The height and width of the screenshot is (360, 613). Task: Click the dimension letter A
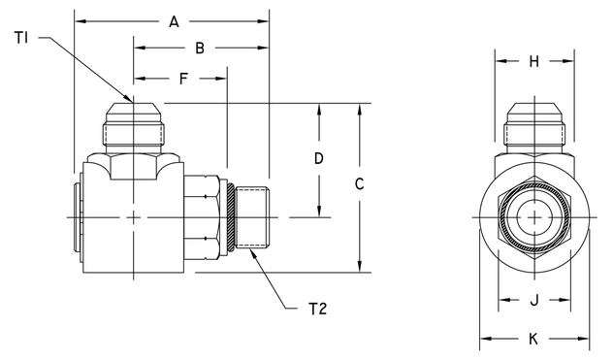pos(174,20)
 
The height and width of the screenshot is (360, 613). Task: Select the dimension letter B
pos(199,48)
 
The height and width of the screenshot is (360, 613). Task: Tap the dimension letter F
pos(181,77)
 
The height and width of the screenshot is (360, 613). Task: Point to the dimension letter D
pos(318,157)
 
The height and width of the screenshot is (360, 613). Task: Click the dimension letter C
pos(359,182)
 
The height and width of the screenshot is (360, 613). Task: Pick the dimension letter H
pos(533,62)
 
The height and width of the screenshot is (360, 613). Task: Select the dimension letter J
pos(533,301)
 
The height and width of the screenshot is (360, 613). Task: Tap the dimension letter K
pos(533,339)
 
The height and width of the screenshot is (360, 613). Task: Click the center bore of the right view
pos(533,217)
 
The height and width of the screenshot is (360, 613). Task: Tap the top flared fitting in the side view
pos(133,128)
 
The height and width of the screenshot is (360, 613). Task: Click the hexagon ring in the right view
pos(501,217)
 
